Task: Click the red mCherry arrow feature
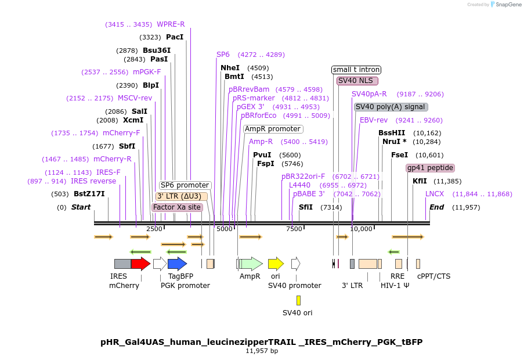click(140, 264)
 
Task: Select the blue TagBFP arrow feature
click(177, 264)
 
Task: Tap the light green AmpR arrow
click(251, 264)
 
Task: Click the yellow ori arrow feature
click(276, 264)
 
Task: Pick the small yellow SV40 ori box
click(298, 300)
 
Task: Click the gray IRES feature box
click(122, 264)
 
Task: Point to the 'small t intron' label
click(356, 70)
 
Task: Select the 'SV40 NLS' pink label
click(357, 81)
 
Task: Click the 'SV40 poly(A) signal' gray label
click(391, 107)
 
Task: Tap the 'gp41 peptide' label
click(430, 168)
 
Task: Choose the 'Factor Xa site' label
click(178, 207)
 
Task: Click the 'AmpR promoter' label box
click(273, 129)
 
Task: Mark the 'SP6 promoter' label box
click(185, 185)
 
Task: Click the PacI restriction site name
click(175, 37)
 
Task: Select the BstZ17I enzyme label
click(89, 193)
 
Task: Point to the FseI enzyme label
click(399, 155)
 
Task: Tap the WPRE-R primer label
click(171, 24)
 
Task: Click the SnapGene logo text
click(507, 5)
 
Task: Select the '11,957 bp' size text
click(262, 351)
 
